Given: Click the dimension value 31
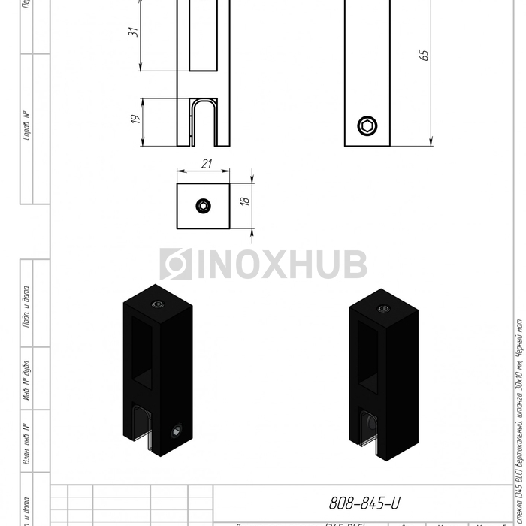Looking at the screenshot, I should (x=133, y=32).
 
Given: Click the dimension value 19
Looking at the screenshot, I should (x=135, y=119).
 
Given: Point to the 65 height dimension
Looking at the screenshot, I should (x=425, y=55).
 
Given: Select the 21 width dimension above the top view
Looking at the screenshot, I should (x=205, y=164).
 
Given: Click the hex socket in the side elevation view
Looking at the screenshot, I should (x=367, y=127).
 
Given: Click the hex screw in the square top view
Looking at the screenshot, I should (x=204, y=206).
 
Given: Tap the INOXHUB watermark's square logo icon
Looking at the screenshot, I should (x=175, y=265).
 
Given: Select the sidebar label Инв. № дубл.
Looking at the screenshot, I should (x=26, y=377).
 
